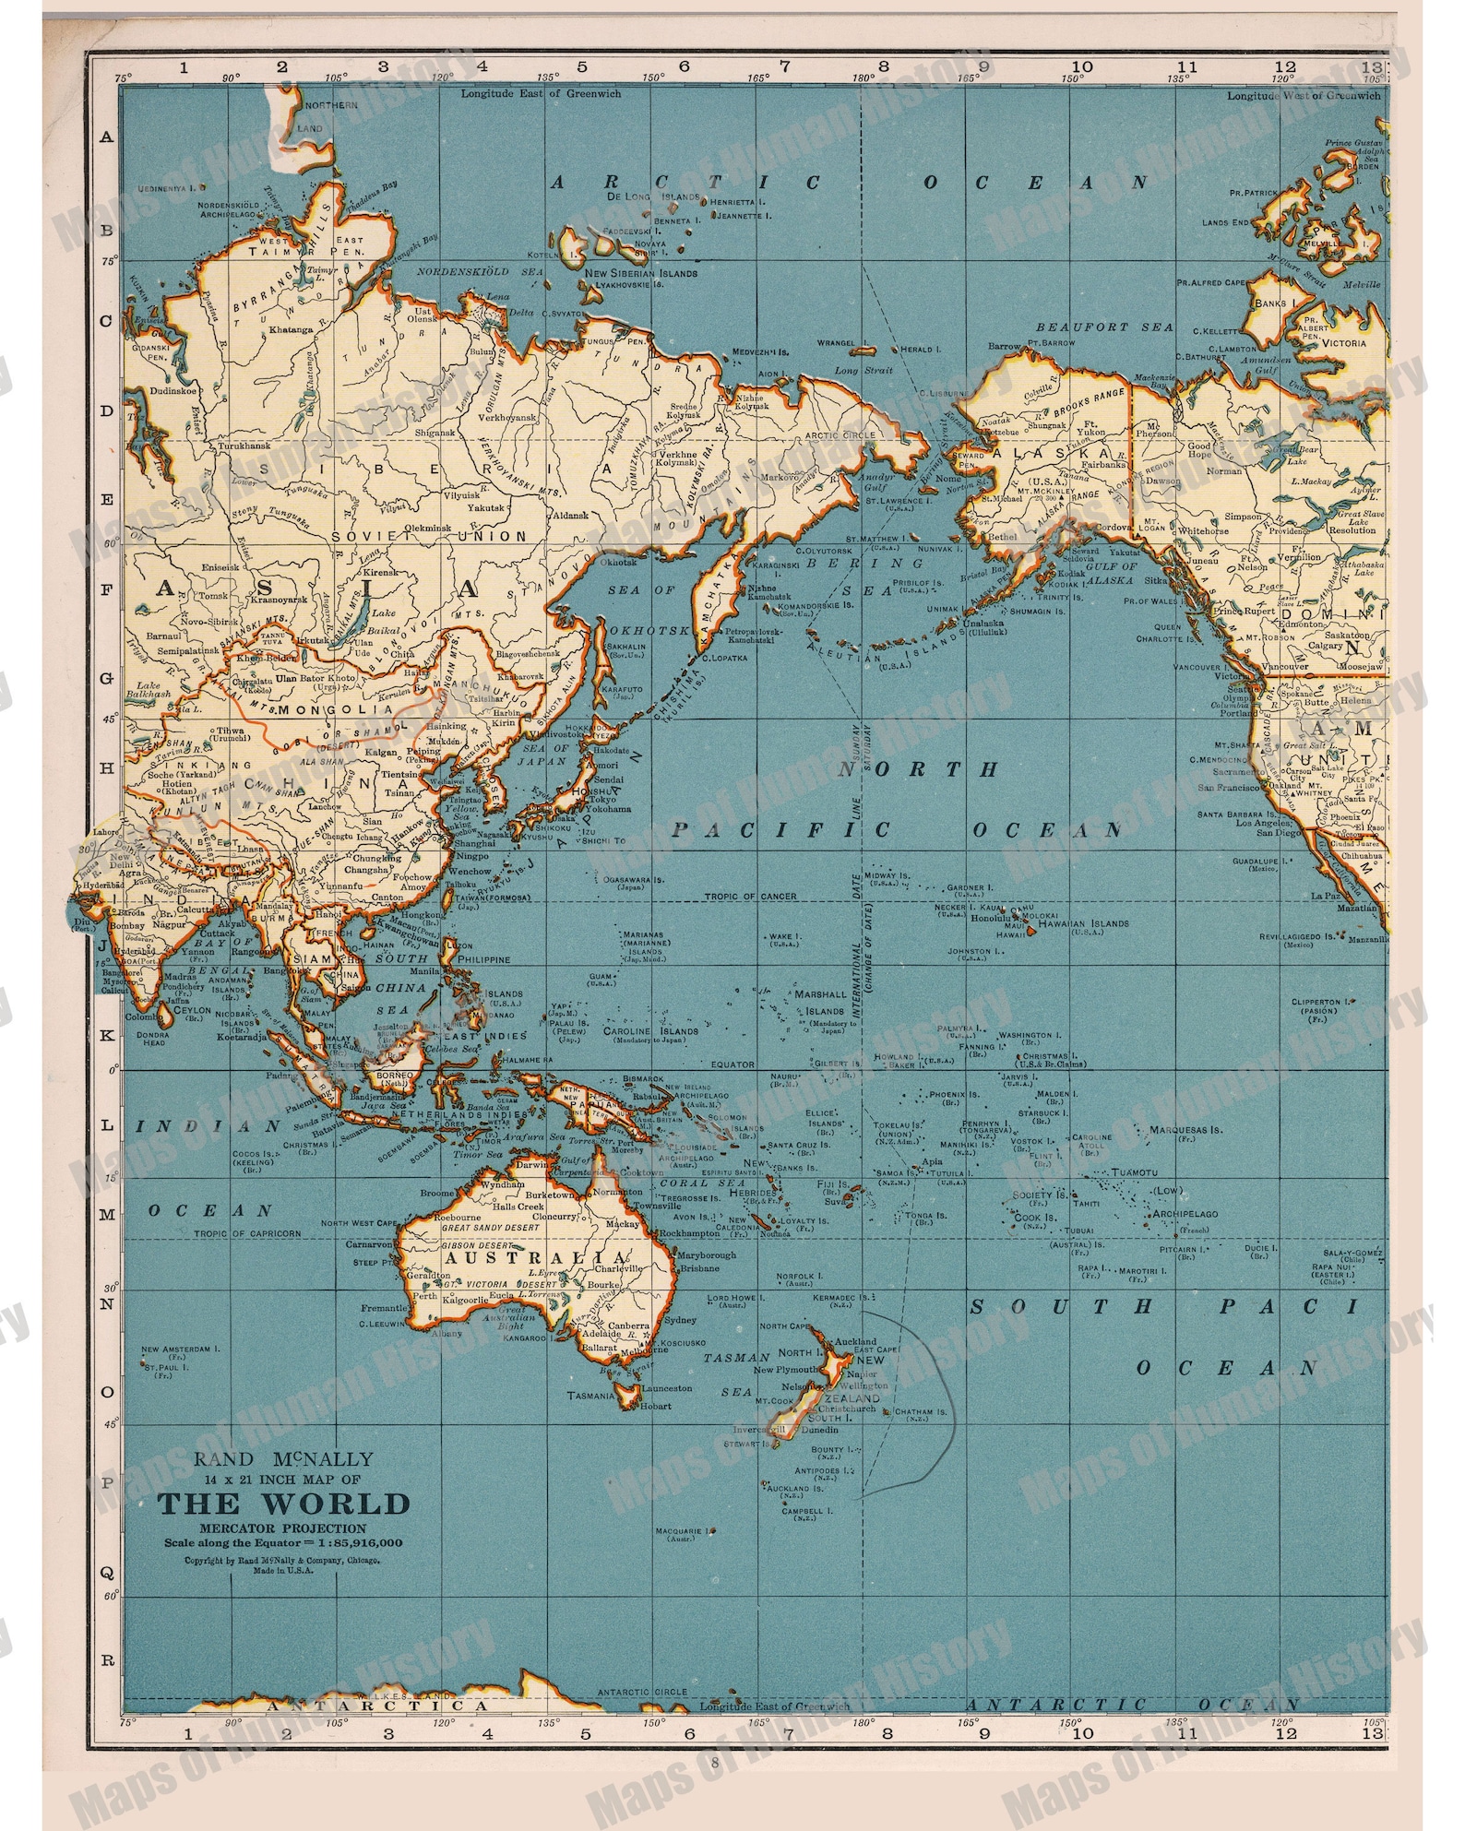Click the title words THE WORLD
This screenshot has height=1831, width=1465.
[282, 1504]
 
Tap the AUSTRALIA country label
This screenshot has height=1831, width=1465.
[537, 1259]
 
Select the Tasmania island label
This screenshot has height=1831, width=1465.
[591, 1396]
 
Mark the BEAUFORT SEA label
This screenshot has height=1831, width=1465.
[1104, 327]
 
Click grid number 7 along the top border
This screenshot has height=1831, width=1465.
[784, 67]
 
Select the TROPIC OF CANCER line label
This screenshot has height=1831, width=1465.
[750, 897]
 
